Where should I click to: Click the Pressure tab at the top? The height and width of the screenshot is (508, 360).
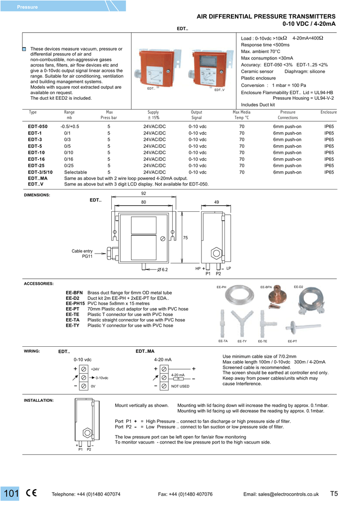point(27,7)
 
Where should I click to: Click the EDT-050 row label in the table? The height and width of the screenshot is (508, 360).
point(38,127)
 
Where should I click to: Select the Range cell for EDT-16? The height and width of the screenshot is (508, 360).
point(69,159)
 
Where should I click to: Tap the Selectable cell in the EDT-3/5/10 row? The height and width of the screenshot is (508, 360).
point(75,172)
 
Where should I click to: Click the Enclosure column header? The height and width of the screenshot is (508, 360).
point(329,113)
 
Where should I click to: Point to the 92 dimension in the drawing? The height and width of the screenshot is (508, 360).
point(144,193)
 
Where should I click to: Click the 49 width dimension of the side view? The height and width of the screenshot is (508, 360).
point(216,202)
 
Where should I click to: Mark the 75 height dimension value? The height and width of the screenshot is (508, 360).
point(186,239)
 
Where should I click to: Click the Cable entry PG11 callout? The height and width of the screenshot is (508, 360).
point(82,254)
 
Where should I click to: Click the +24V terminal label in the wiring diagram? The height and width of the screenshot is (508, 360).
point(95,370)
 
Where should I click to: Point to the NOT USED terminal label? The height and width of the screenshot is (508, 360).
point(180,386)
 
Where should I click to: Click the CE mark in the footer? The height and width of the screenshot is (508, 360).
point(31,494)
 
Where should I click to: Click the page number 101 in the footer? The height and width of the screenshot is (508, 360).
point(11,494)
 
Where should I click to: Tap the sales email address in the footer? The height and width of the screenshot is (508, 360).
point(281,494)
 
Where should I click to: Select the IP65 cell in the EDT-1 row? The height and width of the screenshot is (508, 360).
point(329,133)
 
